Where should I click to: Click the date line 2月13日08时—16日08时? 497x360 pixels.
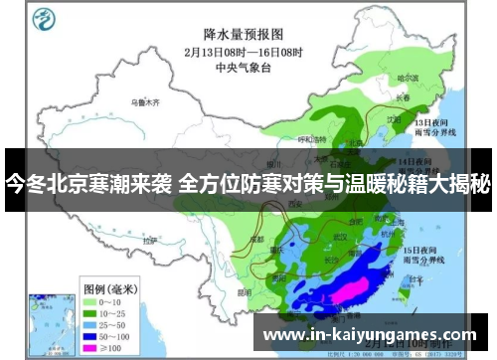click(243, 52)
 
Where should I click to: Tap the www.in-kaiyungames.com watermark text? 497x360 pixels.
click(369, 335)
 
